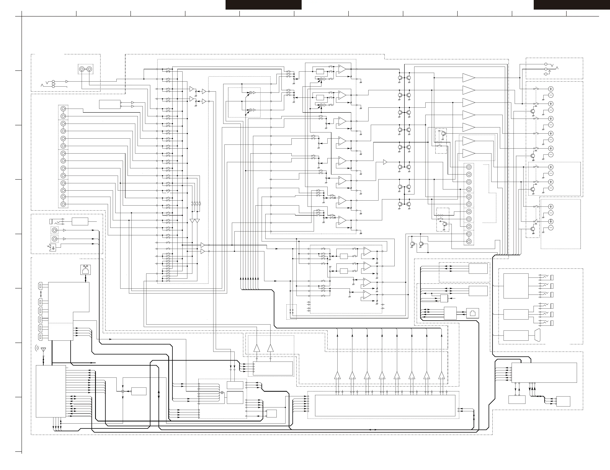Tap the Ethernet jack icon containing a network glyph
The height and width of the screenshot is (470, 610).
[85, 270]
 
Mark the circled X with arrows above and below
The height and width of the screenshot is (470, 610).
[123, 391]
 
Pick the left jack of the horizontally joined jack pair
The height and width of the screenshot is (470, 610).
[81, 69]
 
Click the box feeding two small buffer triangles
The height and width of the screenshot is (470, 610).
[110, 104]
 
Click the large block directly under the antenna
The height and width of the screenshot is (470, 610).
[51, 391]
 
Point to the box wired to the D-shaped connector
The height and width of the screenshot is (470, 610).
[516, 335]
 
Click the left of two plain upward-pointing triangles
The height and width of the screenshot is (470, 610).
[257, 348]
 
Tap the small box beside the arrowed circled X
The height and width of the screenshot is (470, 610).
[139, 391]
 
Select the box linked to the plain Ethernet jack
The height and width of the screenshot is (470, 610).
[450, 313]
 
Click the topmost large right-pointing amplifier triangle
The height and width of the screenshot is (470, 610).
[468, 78]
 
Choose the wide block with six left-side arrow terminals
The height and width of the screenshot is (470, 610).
[544, 372]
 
